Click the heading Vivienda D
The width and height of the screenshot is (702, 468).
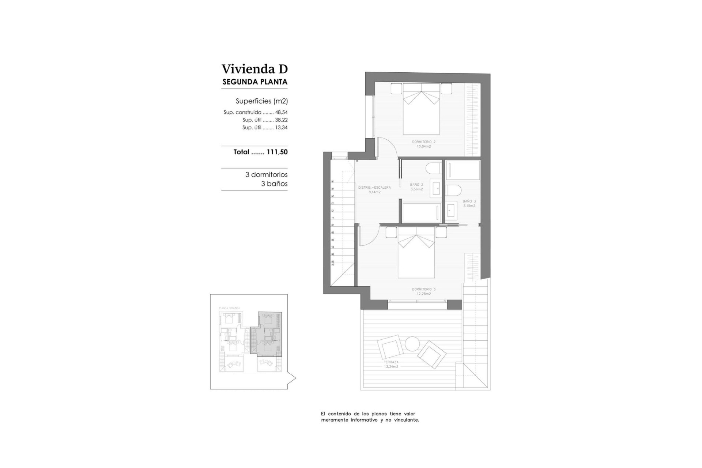click(254, 69)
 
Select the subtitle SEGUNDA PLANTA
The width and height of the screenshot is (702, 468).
click(255, 82)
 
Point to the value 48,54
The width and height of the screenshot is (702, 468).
click(281, 113)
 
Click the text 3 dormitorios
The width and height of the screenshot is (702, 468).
click(266, 175)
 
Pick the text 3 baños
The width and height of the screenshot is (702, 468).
click(274, 184)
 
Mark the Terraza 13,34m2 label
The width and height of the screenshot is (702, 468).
click(391, 364)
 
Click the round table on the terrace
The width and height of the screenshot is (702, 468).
click(412, 344)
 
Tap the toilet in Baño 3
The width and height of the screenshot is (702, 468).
click(453, 190)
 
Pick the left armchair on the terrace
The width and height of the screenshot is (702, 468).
click(390, 347)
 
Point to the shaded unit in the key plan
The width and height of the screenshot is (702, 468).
click(269, 333)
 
